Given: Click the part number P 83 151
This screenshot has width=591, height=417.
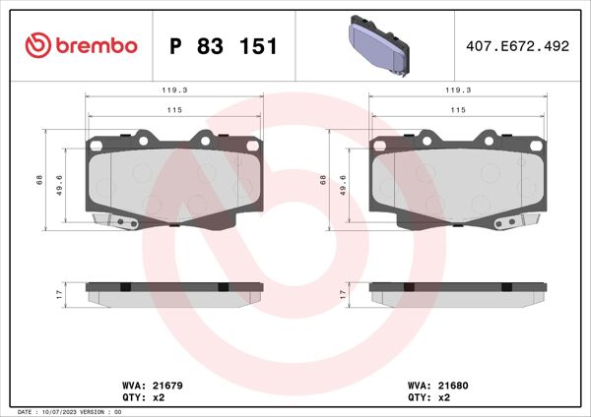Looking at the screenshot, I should pos(224,45).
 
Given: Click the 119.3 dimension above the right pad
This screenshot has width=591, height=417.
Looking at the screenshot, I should pos(457,89).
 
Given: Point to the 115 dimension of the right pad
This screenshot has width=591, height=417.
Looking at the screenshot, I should pos(457,110).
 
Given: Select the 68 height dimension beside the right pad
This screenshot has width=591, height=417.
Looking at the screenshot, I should pos(322,179).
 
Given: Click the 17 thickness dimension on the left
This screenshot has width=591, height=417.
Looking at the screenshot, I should pos(59,294).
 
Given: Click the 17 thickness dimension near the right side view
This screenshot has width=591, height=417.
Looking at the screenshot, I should pos(342,294).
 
